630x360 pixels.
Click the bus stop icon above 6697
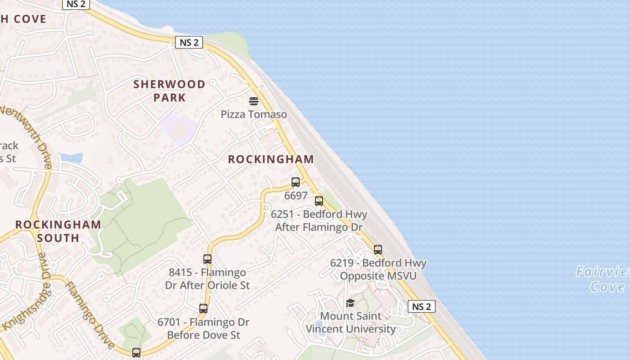(296, 182)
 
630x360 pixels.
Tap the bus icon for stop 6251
(319, 201)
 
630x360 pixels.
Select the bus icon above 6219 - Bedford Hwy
(378, 250)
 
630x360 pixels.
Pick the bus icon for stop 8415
(207, 259)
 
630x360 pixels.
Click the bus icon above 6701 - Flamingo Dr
(203, 309)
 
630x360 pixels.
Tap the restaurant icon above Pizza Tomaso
(254, 101)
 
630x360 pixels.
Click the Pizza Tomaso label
(254, 114)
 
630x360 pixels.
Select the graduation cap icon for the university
(350, 303)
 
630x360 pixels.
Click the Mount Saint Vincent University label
(351, 323)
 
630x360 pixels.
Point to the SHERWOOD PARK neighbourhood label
(169, 91)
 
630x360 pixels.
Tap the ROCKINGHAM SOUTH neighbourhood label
(58, 231)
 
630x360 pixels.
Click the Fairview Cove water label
(603, 279)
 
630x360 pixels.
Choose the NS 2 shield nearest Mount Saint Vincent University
(422, 306)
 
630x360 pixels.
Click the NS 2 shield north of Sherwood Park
(189, 43)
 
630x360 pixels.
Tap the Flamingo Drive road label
(90, 315)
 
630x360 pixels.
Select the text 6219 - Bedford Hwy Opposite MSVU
(378, 269)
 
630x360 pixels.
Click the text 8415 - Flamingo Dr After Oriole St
(207, 279)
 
